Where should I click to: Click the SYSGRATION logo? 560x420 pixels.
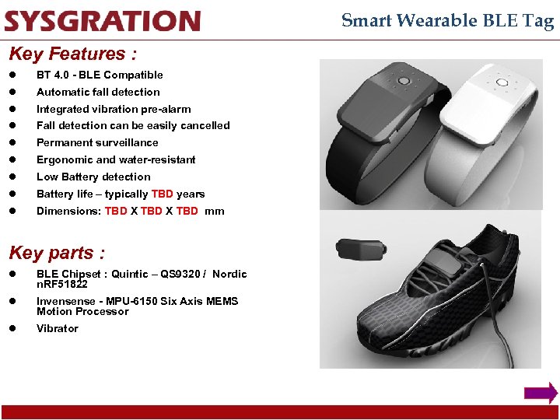[102, 21]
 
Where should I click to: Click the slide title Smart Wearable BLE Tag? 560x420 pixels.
[447, 21]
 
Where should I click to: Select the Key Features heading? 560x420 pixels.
[72, 54]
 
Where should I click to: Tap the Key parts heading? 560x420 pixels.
[56, 253]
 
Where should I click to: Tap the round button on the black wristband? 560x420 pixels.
[404, 81]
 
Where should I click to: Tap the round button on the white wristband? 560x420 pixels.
[501, 81]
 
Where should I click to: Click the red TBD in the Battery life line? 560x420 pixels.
[163, 194]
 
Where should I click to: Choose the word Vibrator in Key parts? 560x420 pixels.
[58, 328]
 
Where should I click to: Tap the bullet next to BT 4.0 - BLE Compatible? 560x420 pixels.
[12, 75]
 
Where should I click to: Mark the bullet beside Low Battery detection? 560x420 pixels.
[12, 177]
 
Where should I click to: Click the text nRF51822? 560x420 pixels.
[61, 284]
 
